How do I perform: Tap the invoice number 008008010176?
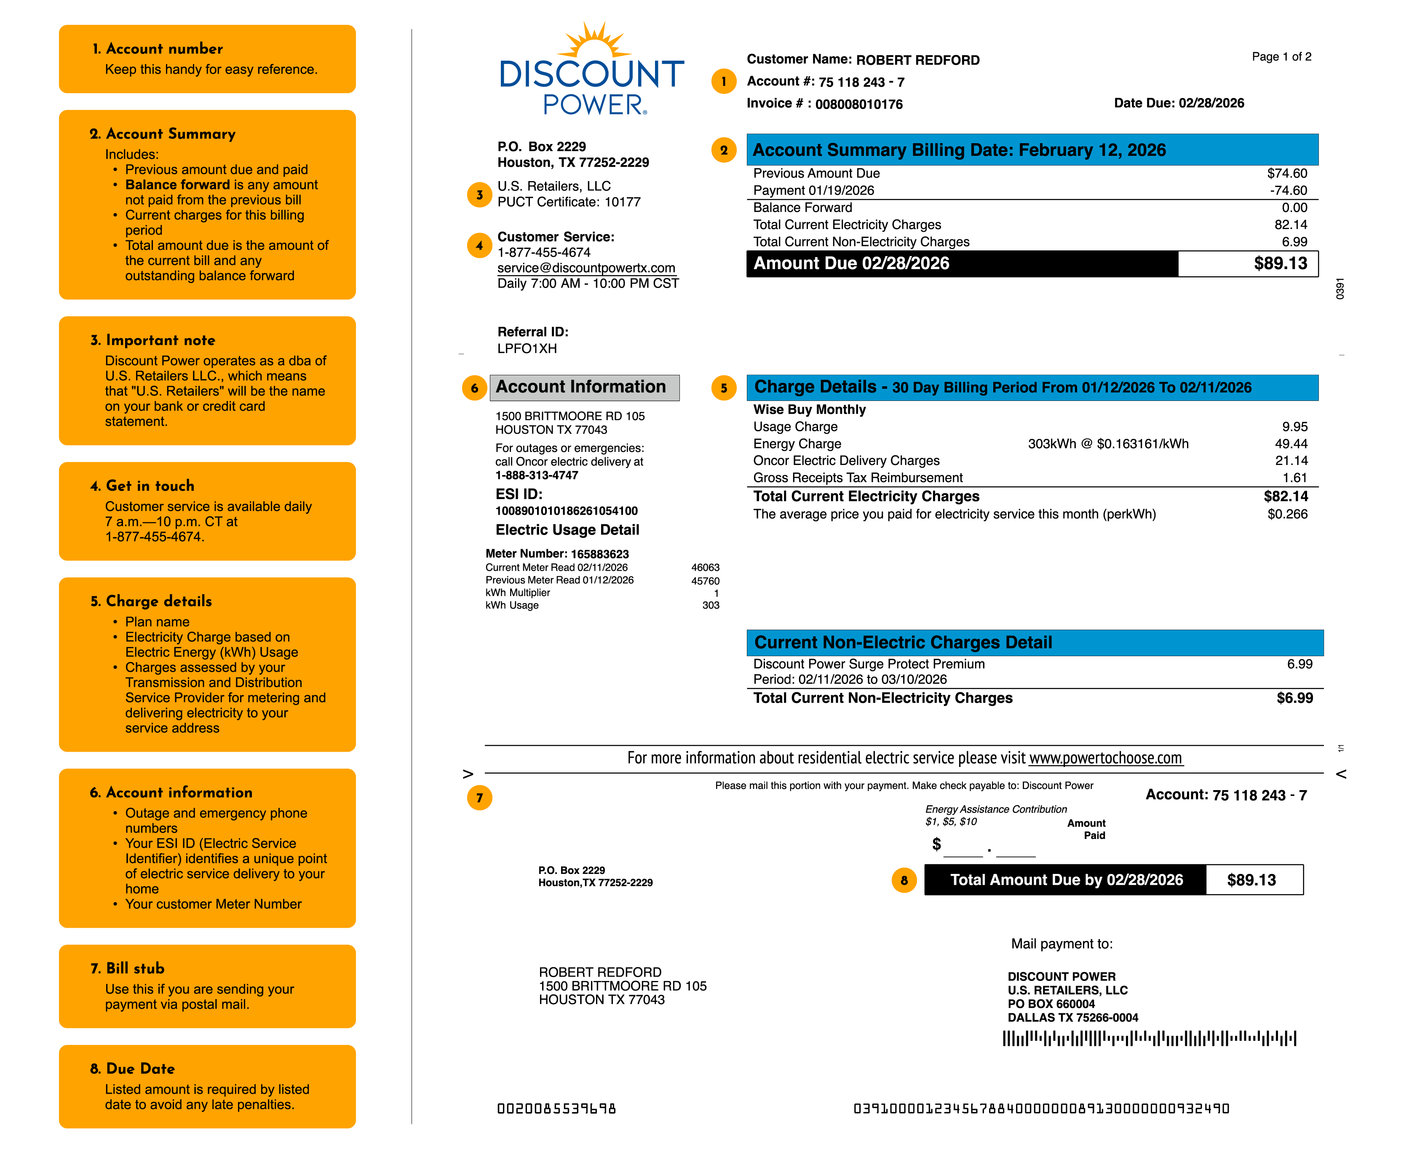tap(858, 104)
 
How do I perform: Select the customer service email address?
tap(586, 268)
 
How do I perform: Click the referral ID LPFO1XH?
tap(527, 348)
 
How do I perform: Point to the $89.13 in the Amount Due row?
tap(1280, 263)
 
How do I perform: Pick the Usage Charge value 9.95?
tap(1294, 427)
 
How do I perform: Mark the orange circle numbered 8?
tap(904, 881)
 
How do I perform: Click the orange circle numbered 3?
tap(479, 195)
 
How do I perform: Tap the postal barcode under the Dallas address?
tap(1149, 1038)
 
